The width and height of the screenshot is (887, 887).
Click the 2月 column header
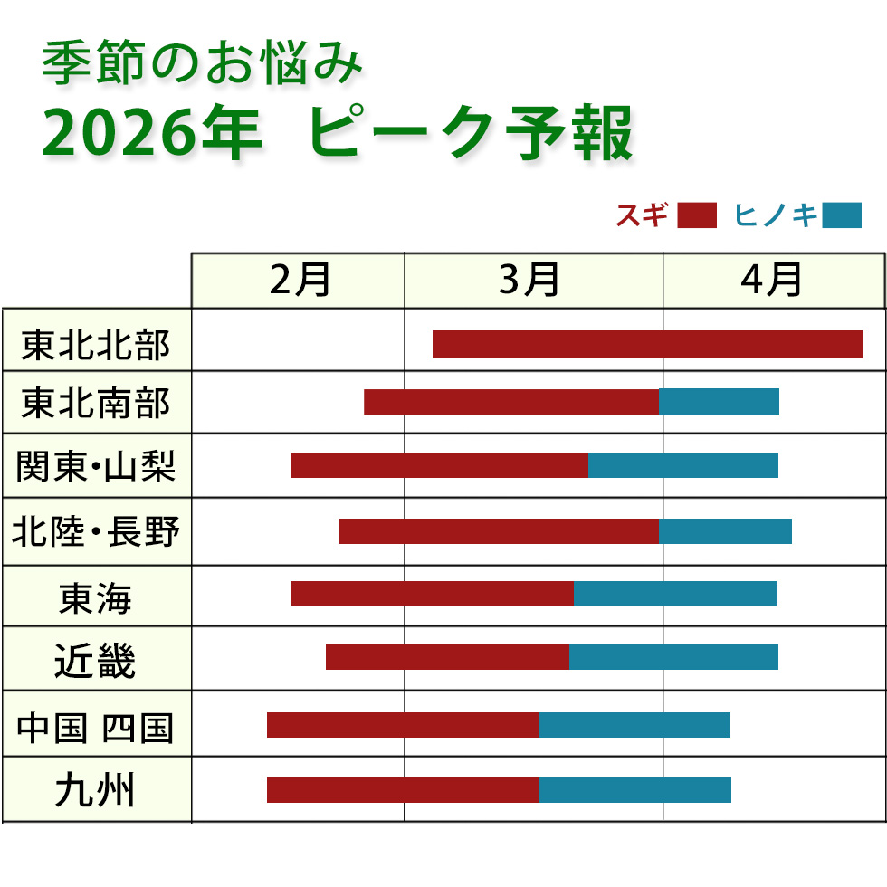pos(300,281)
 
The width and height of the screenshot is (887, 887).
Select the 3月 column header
pos(530,281)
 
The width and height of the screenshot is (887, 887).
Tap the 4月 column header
pos(771,281)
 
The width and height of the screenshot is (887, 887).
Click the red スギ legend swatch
pos(696,216)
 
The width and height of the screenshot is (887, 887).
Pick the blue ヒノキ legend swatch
pos(842,216)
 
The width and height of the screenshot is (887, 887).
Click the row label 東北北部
pos(96,345)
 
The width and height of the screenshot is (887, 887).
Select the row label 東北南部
pos(96,403)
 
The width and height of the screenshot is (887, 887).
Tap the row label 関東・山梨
pos(96,467)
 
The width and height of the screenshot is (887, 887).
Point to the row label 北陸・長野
pos(96,532)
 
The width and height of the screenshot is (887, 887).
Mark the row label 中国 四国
pos(96,727)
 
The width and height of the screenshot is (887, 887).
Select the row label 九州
pos(96,791)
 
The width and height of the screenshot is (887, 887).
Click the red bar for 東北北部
pos(647,345)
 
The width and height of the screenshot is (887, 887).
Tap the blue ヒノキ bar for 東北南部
pos(719,403)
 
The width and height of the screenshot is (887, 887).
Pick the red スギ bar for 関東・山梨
pos(439,465)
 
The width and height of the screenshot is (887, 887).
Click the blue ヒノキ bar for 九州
pos(634,790)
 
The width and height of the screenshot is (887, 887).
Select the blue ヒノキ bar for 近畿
pos(673,657)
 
